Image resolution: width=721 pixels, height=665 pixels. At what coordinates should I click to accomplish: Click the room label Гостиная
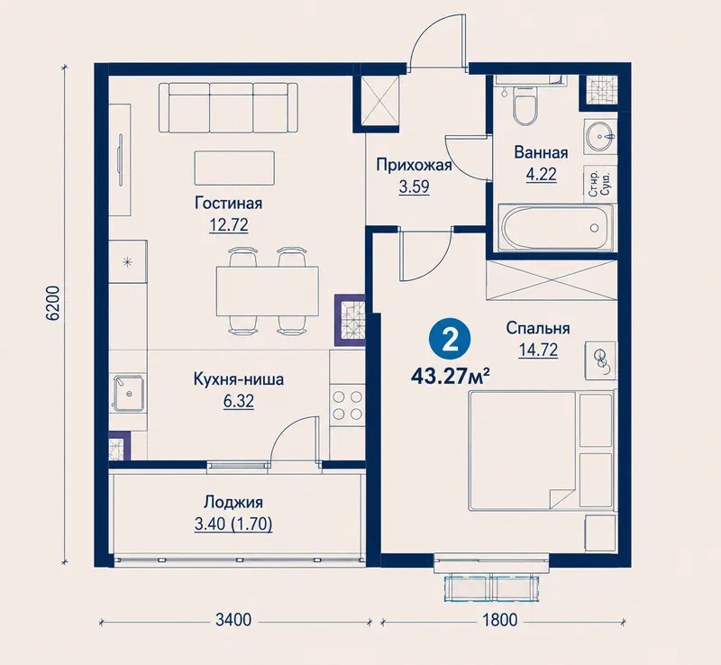click(229, 204)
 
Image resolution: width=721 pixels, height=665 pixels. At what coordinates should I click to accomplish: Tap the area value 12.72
click(229, 225)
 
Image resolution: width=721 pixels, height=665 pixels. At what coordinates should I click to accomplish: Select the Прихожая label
click(414, 165)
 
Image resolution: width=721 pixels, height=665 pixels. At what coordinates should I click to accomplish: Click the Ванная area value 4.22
click(542, 174)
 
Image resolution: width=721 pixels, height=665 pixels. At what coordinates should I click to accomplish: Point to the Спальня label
click(538, 328)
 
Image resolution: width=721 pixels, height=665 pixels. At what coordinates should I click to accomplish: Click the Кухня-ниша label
click(239, 379)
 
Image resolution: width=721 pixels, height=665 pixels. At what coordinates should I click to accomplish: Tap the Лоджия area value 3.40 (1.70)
click(233, 524)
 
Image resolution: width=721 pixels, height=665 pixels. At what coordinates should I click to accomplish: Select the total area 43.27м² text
click(449, 377)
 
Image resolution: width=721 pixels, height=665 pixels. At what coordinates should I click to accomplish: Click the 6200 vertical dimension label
click(53, 303)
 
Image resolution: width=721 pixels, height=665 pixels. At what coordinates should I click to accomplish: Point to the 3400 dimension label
click(233, 620)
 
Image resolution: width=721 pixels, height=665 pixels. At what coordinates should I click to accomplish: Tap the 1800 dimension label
click(500, 620)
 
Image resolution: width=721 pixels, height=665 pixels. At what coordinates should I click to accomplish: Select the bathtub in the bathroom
click(556, 228)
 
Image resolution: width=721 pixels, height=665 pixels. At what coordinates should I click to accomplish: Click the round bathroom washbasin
click(600, 136)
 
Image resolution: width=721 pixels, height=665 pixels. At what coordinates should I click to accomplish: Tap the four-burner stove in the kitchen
click(347, 405)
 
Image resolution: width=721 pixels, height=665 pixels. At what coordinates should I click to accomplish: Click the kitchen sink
click(129, 393)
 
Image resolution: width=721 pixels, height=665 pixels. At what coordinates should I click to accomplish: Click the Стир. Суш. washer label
click(599, 184)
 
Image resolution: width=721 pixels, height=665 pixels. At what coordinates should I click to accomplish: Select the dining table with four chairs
click(267, 291)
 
